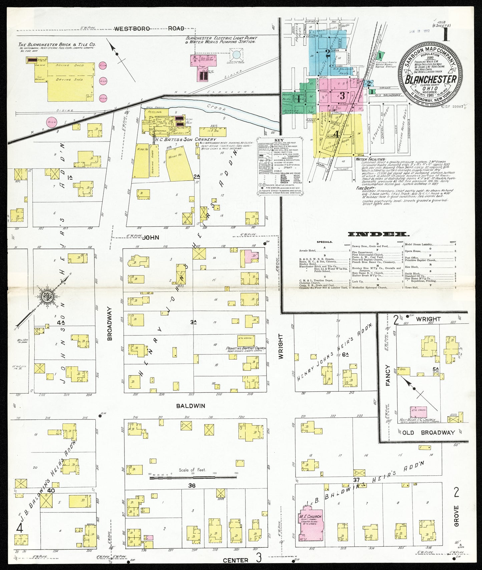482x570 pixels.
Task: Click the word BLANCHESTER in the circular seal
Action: point(431,79)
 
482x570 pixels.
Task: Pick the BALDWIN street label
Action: point(190,406)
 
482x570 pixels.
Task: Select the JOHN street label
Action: point(150,238)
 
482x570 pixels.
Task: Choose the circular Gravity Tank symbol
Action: point(236,55)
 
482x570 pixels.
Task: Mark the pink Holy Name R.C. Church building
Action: point(419,412)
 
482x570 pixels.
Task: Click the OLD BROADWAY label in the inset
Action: point(427,432)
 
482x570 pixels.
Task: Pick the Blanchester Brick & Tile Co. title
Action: point(57,44)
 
